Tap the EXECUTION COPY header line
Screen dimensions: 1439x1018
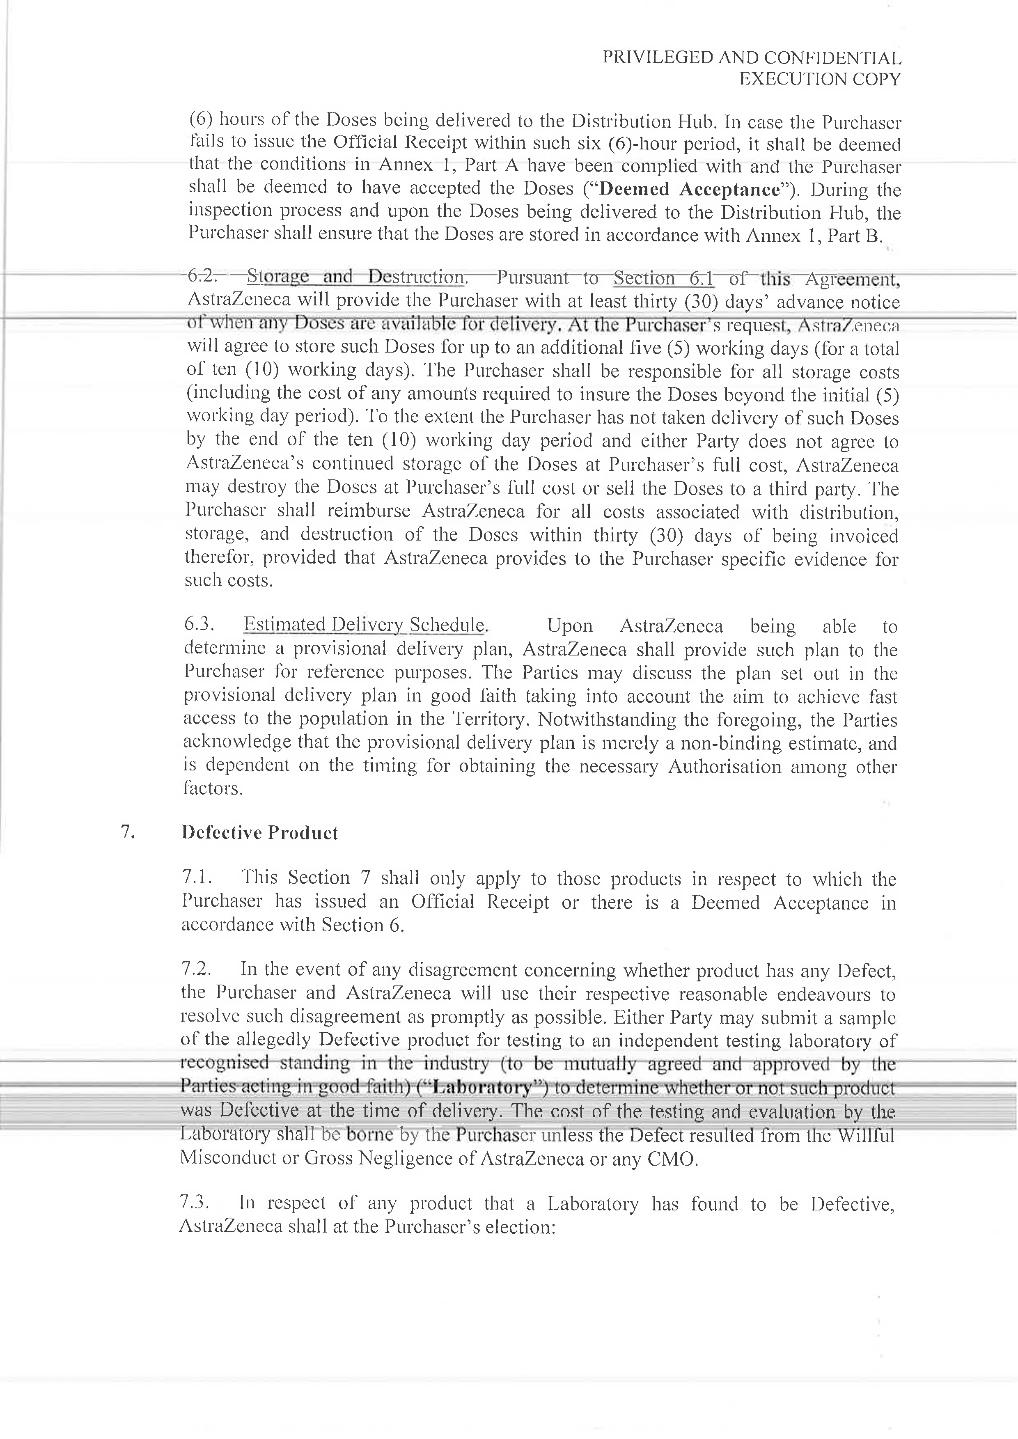[820, 79]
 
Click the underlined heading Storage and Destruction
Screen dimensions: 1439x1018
[355, 276]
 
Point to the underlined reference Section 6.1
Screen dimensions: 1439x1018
[663, 277]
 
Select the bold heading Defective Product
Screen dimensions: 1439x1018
[259, 832]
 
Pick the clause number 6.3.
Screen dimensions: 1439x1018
[200, 624]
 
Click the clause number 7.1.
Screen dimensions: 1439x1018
[197, 878]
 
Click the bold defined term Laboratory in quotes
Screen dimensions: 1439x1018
[482, 1086]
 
